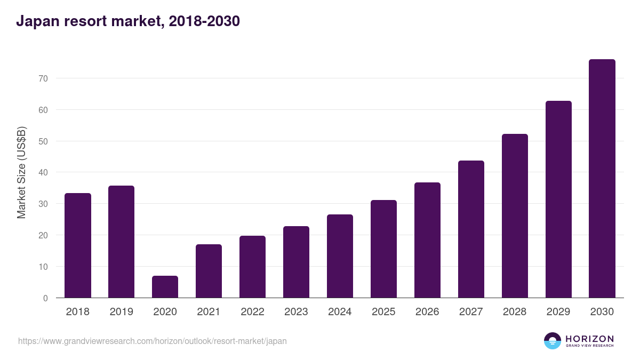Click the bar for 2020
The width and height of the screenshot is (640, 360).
point(165,287)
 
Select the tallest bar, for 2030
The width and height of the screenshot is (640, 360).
point(602,179)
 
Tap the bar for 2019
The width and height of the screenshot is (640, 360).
point(121,242)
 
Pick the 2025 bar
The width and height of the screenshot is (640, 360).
point(383,249)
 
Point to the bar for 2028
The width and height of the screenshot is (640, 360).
point(515,216)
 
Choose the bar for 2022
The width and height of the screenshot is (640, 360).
point(252,267)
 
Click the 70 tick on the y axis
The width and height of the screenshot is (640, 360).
point(43,78)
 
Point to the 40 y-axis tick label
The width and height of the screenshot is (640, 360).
point(43,172)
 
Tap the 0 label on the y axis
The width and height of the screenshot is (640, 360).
point(45,298)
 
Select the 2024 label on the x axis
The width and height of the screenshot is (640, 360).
point(340,312)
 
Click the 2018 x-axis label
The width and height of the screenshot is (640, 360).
point(77,312)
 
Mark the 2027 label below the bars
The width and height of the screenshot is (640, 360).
point(471,312)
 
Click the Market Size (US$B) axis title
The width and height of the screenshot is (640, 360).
point(21,172)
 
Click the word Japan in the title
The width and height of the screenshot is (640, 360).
point(36,21)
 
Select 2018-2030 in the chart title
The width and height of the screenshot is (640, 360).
point(207,21)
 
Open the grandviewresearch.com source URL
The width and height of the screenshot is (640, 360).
point(152,341)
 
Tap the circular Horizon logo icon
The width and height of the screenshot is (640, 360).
point(553,341)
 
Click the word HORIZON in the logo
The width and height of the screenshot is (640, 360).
point(589,338)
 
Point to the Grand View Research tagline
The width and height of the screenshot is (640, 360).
point(589,346)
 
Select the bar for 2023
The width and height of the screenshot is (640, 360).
point(296,262)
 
